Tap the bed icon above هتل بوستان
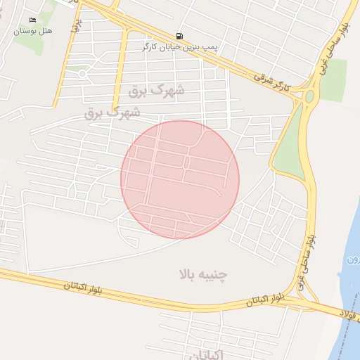32,20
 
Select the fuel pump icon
181,36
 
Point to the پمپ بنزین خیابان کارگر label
179,48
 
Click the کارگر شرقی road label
281,84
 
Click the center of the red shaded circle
180,179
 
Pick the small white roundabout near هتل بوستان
82,73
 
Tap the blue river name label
353,261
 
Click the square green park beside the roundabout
333,79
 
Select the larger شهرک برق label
157,91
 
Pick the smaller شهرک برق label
112,112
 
